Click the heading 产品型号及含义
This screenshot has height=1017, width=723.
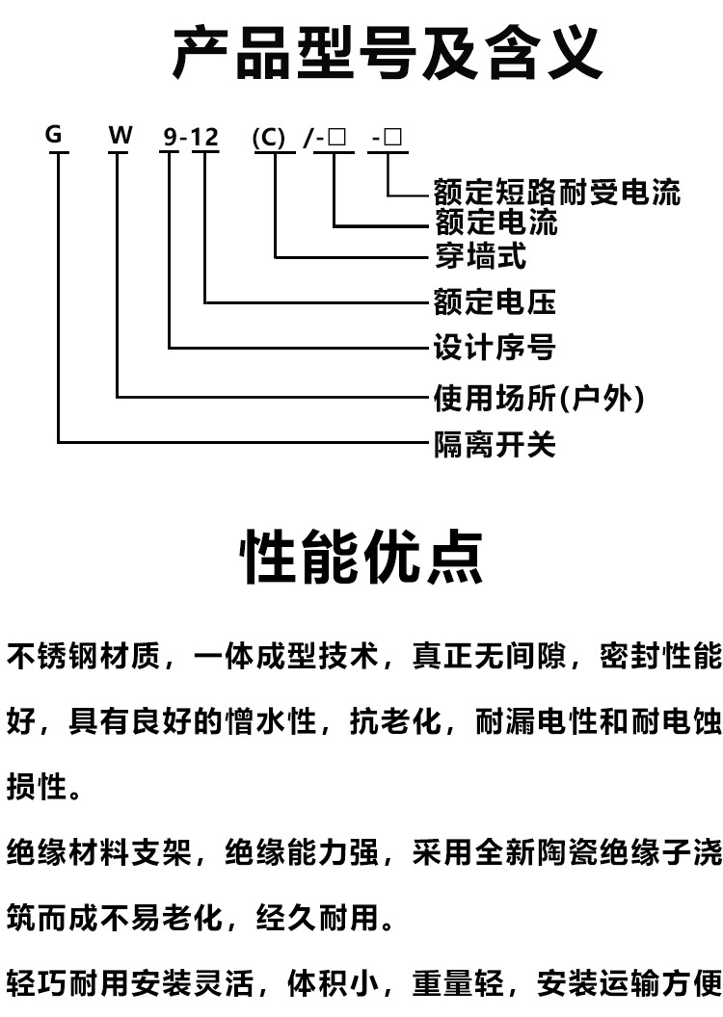pos(387,52)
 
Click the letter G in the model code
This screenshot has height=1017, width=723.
pos(54,134)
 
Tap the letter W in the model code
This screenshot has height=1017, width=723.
pos(120,135)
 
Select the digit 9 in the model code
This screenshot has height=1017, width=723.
pos(170,137)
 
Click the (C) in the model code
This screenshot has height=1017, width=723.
pos(269,138)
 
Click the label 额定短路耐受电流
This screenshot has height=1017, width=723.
pos(557,191)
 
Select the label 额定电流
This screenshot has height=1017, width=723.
pos(495,222)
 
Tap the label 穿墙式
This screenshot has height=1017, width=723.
pos(480,255)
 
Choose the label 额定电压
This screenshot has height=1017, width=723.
pos(495,301)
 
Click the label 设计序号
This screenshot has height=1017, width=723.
pos(495,347)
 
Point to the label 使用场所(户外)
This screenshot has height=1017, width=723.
pos(539,397)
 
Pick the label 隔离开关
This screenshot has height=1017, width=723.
pos(495,445)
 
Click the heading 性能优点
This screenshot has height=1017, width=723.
pos(362,558)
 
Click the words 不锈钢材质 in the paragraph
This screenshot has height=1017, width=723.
pos(84,656)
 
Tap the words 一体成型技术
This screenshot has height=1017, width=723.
pos(285,656)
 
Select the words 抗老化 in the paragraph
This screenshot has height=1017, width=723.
pos(395,721)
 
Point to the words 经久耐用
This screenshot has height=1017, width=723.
pos(317,917)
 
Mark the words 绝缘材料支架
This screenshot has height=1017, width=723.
pos(99,851)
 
